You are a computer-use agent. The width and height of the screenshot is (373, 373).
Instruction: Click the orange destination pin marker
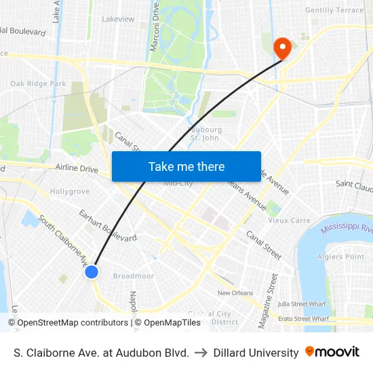click(x=281, y=47)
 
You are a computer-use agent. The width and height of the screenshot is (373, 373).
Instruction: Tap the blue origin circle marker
click(x=92, y=272)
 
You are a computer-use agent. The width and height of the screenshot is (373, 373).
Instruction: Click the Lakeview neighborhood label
click(x=118, y=19)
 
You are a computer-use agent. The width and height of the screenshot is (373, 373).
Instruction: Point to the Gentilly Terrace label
click(x=334, y=10)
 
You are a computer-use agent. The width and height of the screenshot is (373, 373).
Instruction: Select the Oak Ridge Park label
click(x=38, y=83)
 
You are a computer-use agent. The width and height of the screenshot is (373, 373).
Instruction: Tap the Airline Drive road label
click(x=77, y=168)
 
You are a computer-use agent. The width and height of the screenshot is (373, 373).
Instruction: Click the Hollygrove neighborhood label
click(x=69, y=191)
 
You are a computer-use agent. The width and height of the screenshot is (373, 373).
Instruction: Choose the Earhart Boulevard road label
click(x=108, y=227)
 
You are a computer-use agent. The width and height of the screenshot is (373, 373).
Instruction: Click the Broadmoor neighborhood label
click(x=134, y=276)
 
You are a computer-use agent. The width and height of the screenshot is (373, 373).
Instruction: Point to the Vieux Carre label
click(x=288, y=220)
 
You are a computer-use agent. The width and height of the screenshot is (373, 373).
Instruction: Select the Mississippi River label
click(x=347, y=229)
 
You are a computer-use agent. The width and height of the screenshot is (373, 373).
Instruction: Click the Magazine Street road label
click(x=266, y=300)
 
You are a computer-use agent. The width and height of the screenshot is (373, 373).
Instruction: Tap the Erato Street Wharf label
click(x=304, y=318)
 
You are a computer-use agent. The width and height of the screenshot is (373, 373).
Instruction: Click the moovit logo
click(x=332, y=352)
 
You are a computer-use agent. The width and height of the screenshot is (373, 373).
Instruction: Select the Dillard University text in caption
click(x=256, y=353)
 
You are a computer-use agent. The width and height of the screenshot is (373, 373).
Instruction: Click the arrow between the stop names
click(x=201, y=353)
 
